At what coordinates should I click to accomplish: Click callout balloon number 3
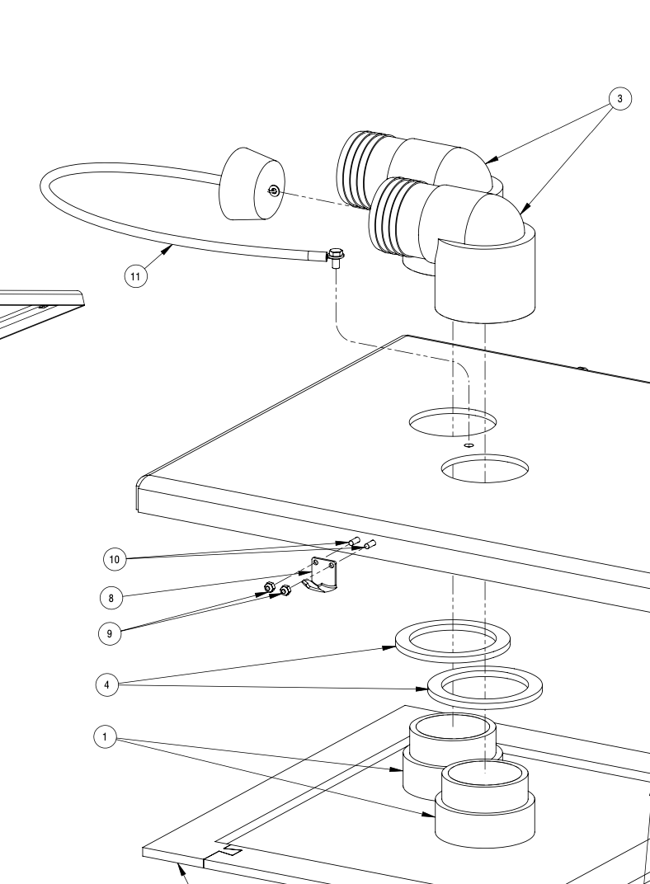(x=619, y=99)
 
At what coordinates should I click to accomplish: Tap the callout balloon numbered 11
(x=137, y=275)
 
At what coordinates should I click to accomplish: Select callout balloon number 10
(x=115, y=559)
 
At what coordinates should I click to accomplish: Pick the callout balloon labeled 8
(x=111, y=596)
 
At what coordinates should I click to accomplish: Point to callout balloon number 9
(x=111, y=633)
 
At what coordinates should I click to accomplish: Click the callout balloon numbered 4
(x=107, y=684)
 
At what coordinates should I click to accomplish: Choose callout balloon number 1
(x=105, y=737)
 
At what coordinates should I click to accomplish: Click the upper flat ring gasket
(x=452, y=639)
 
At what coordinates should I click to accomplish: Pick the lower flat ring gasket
(x=483, y=686)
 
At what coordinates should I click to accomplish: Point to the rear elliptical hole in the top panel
(x=453, y=421)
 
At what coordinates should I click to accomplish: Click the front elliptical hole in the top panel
(x=484, y=468)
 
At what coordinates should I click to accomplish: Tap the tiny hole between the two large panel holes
(x=468, y=444)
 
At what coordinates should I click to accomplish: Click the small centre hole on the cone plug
(x=275, y=192)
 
